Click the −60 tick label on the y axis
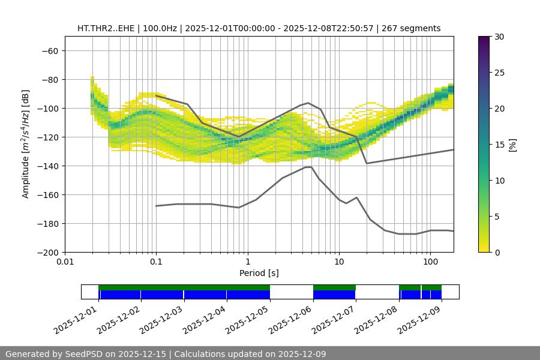point(49,50)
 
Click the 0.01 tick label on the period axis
point(65,262)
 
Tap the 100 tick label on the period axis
point(430,262)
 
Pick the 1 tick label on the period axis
point(248,262)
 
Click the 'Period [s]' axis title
point(259,273)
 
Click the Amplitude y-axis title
point(26,144)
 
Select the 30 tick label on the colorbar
point(499,37)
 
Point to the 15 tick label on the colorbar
point(499,145)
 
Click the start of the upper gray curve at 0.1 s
point(156,95)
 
